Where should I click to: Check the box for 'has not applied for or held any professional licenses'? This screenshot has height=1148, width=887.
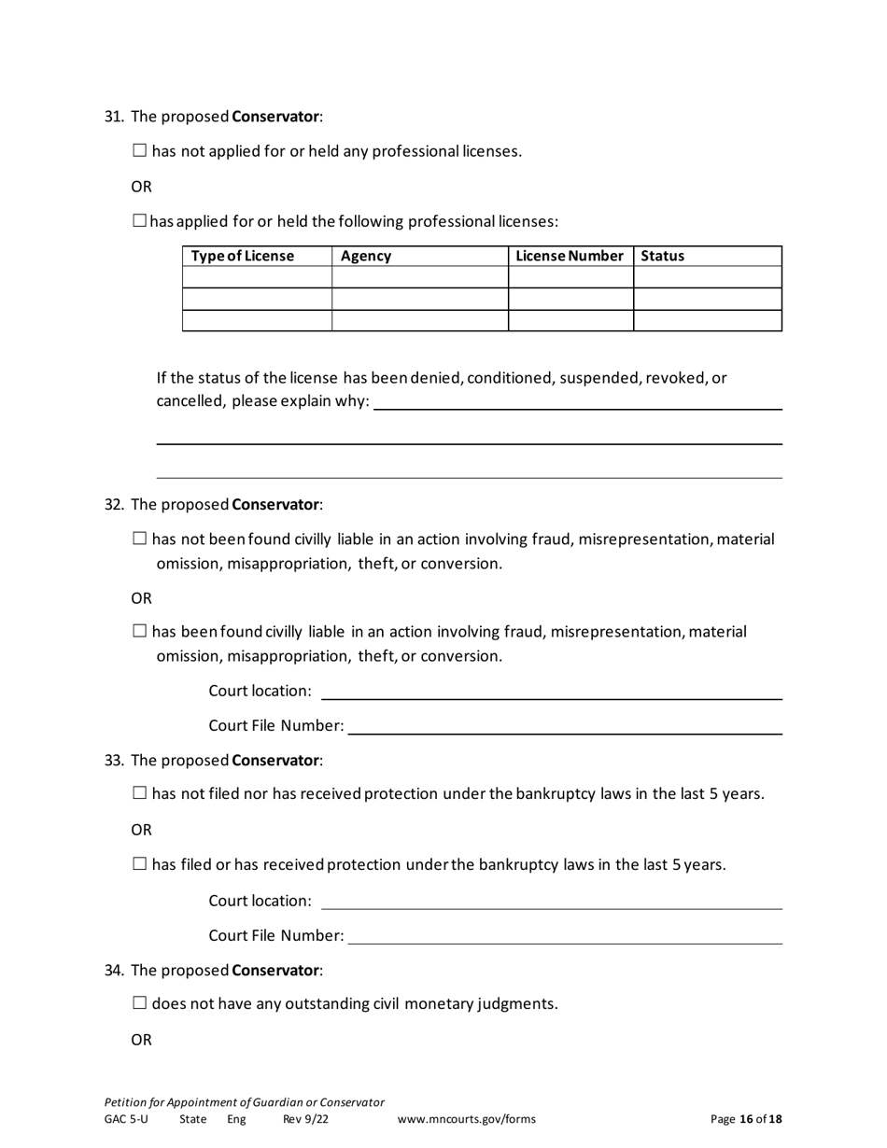[x=140, y=150]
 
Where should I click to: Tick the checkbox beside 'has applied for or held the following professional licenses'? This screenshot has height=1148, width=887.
[x=140, y=221]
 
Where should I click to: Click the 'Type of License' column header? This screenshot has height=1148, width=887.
[x=242, y=256]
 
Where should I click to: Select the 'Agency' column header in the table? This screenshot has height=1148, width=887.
[x=366, y=256]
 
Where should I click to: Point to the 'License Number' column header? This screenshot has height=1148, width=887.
[x=569, y=256]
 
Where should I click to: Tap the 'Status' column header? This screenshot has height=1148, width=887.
[x=663, y=256]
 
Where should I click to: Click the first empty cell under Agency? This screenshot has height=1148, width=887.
[x=419, y=277]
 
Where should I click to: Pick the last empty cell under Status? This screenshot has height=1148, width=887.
[x=707, y=320]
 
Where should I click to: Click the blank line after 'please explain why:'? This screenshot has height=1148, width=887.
[x=577, y=402]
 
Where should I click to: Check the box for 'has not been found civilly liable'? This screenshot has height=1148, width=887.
[x=140, y=539]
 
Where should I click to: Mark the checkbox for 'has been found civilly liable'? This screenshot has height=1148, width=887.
[x=140, y=632]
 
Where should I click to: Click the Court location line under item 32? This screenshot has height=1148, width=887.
[x=551, y=692]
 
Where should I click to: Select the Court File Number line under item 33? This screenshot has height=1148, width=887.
[x=565, y=936]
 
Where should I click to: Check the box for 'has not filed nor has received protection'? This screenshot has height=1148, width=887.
[x=140, y=793]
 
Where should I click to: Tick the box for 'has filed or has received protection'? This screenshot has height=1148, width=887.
[x=140, y=864]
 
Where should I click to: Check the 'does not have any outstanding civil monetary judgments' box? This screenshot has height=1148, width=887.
[x=140, y=1003]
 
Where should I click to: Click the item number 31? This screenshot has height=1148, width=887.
[x=113, y=117]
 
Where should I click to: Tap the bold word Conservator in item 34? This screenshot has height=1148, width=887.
[x=275, y=970]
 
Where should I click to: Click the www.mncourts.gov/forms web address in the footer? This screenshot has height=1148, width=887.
[x=467, y=1119]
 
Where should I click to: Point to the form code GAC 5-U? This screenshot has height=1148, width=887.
[x=126, y=1119]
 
